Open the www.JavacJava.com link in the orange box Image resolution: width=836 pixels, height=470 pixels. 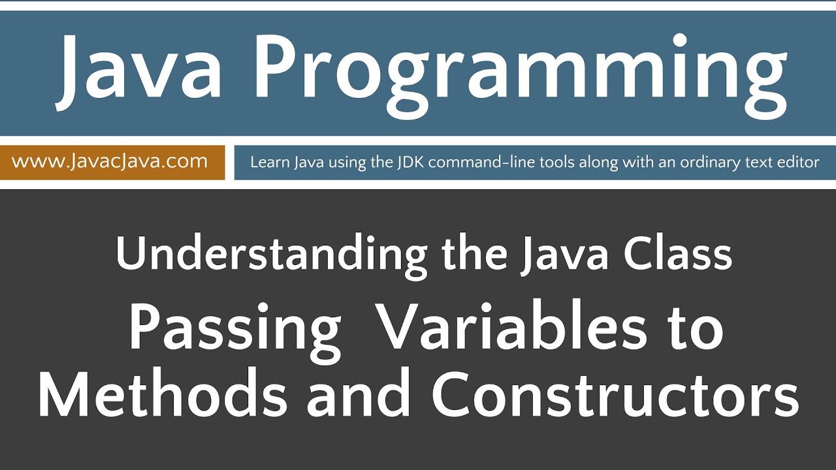(x=110, y=161)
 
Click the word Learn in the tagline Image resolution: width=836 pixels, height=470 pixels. (x=268, y=162)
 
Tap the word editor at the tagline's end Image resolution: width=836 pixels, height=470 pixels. (x=796, y=162)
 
